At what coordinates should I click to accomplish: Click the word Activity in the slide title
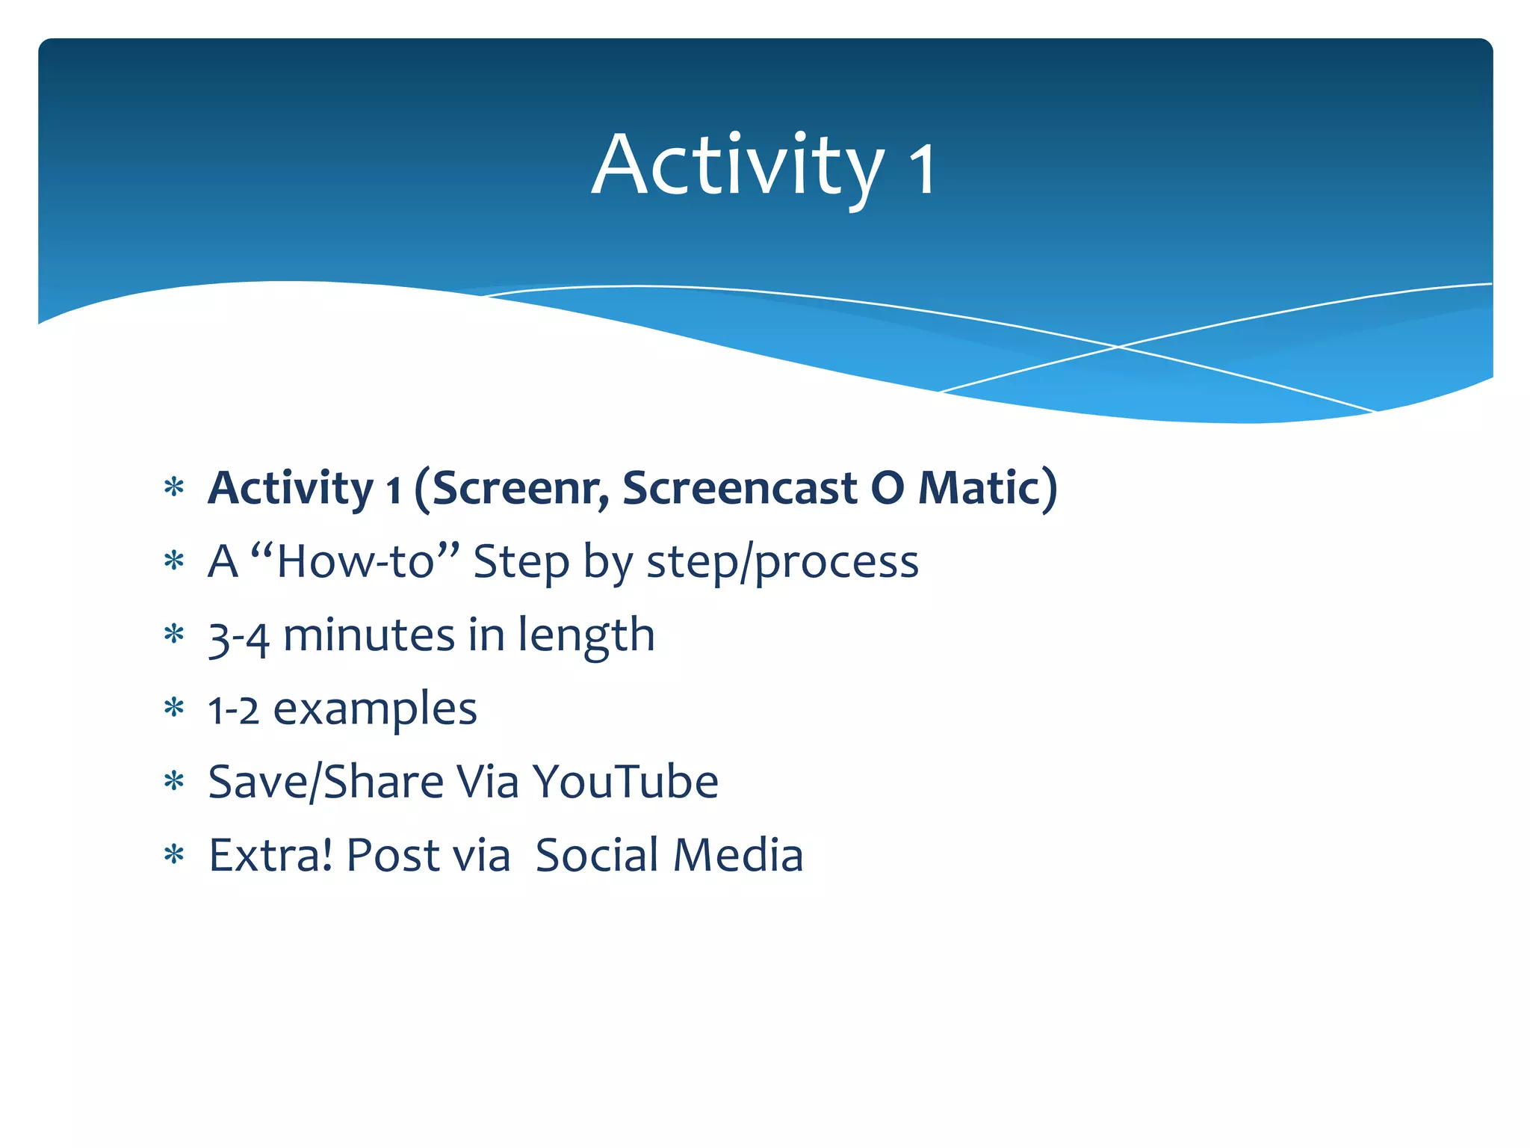pos(736,166)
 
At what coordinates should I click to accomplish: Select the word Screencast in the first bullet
pos(740,488)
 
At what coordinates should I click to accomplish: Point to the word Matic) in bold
pos(987,488)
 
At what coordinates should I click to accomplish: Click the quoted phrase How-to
pos(355,561)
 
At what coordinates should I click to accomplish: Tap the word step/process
pos(782,563)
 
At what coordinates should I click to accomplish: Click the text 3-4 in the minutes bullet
pos(238,638)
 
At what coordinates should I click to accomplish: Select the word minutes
pos(369,635)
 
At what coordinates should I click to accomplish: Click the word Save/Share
pos(326,783)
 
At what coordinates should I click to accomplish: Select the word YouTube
pos(625,783)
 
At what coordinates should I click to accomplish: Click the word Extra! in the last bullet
pos(270,855)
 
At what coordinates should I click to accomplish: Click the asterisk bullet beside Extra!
pos(174,855)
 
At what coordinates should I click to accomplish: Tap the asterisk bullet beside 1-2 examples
pos(174,708)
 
